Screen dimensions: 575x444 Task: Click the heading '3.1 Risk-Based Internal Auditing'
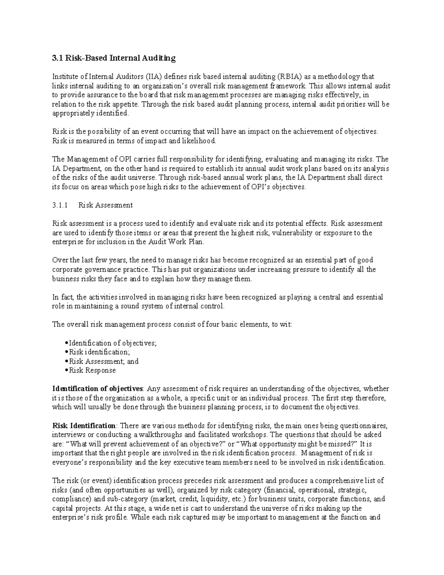click(x=114, y=58)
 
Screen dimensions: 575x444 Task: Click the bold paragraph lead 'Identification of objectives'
click(x=98, y=389)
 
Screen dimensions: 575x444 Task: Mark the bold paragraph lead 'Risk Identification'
click(x=84, y=426)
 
